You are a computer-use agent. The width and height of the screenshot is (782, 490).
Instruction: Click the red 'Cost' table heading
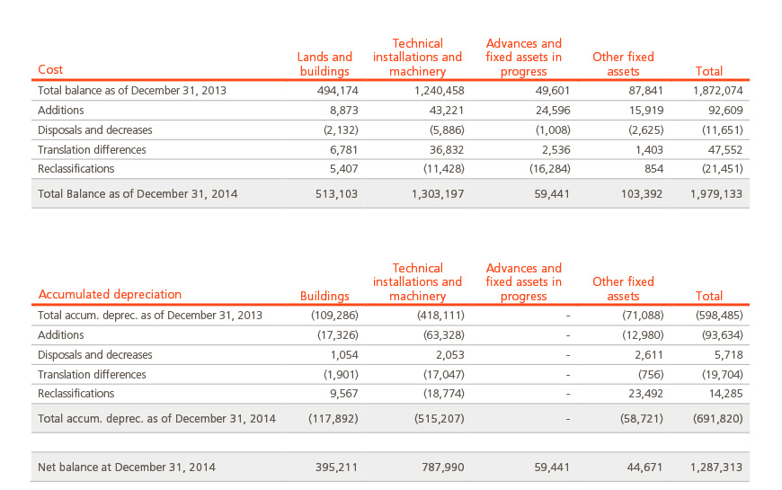point(50,69)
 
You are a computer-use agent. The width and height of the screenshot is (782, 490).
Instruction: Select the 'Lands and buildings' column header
point(324,64)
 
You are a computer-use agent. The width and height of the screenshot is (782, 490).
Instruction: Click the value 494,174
point(338,90)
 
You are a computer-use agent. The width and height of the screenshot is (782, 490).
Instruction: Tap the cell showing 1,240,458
point(439,90)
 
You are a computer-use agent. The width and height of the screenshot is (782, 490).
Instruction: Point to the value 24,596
point(553,111)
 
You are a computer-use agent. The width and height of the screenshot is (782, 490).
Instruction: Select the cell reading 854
point(653,169)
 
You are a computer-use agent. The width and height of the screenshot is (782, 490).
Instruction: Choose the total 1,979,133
point(716,193)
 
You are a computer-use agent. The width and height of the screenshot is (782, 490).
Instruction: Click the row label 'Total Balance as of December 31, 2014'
point(138,193)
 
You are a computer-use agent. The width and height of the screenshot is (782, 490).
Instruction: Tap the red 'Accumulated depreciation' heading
point(110,294)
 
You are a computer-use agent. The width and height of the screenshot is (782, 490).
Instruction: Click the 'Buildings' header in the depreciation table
point(324,296)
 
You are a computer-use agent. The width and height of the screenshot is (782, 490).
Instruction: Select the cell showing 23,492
point(646,394)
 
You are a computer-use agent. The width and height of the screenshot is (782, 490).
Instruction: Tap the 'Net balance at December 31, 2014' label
point(127,467)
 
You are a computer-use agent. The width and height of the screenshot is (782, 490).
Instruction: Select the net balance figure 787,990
point(443,467)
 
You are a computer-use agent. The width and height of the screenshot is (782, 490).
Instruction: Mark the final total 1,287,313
point(716,467)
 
